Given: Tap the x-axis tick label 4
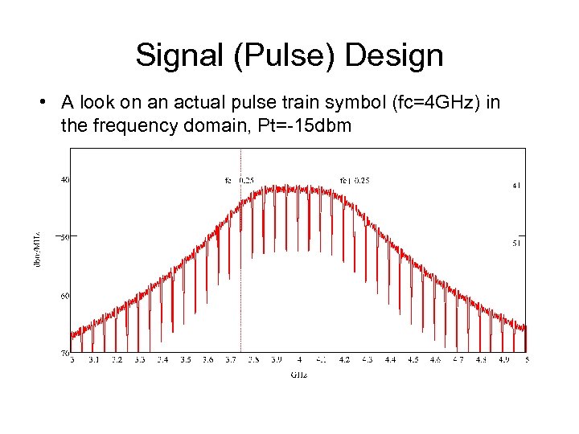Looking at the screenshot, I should [x=298, y=359].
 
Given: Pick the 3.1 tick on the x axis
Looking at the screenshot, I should [x=94, y=359].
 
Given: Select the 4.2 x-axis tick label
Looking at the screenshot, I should [x=344, y=359].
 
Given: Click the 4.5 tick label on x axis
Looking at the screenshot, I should [x=413, y=359].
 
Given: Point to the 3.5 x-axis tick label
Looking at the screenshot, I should [x=185, y=359].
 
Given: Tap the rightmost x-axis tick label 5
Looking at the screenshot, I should [x=525, y=359].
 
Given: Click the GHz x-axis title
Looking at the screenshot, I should [x=298, y=373].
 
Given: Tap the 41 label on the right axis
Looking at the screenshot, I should [x=516, y=185].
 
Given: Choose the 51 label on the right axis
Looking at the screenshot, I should [x=516, y=242].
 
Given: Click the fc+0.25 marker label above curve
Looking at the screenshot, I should [x=355, y=180].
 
